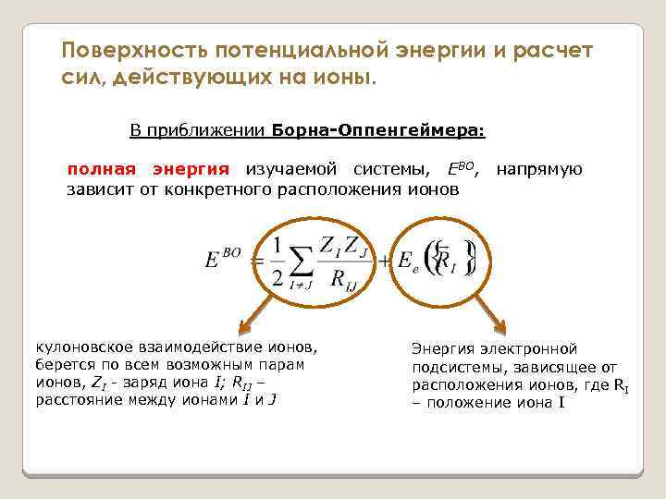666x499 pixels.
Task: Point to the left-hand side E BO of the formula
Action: click(x=223, y=260)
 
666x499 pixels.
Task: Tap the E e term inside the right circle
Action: click(x=408, y=262)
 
